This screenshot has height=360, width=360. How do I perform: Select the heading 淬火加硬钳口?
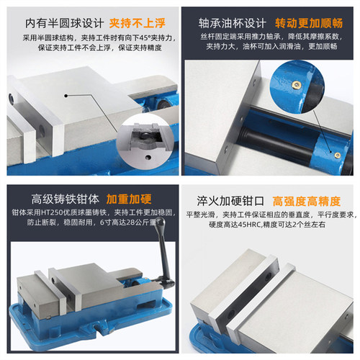(232, 199)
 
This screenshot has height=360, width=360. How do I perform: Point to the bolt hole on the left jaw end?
(12, 98)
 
